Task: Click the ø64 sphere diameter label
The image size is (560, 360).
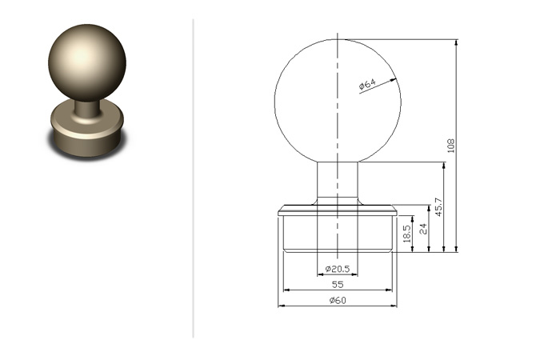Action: click(x=367, y=84)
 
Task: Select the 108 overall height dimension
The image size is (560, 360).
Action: click(x=450, y=146)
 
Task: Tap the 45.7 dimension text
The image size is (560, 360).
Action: click(x=439, y=206)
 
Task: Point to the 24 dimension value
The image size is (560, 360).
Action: click(x=423, y=229)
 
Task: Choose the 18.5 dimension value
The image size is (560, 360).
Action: click(x=407, y=234)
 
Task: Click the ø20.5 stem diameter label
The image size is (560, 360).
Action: click(x=338, y=269)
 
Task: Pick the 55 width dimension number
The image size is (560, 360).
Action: click(x=338, y=285)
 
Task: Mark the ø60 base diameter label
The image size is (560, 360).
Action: click(x=338, y=300)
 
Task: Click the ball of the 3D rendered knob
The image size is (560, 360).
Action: click(x=87, y=63)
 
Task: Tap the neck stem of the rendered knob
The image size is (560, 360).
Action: click(x=86, y=109)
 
